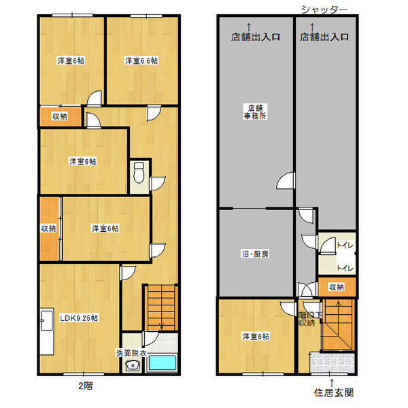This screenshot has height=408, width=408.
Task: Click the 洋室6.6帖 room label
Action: pyautogui.click(x=141, y=61)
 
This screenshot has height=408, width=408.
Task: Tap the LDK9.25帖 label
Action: pyautogui.click(x=79, y=318)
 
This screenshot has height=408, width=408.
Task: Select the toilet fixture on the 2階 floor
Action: pyautogui.click(x=139, y=173)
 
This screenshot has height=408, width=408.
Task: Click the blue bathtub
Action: pyautogui.click(x=162, y=362)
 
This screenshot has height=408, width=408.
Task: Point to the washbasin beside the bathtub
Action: pyautogui.click(x=133, y=366)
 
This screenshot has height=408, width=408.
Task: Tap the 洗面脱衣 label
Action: pyautogui.click(x=131, y=353)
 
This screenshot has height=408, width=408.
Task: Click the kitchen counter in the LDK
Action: pyautogui.click(x=47, y=332)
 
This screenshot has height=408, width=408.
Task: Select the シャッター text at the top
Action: pyautogui.click(x=324, y=10)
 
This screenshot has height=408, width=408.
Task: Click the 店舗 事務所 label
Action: pyautogui.click(x=255, y=112)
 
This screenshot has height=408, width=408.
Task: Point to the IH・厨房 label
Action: pyautogui.click(x=255, y=254)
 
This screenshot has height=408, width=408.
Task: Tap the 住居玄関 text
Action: pyautogui.click(x=334, y=392)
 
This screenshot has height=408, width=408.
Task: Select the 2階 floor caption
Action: pyautogui.click(x=86, y=386)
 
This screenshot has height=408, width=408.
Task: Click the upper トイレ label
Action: pyautogui.click(x=345, y=245)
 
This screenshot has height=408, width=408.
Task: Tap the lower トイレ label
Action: pyautogui.click(x=345, y=268)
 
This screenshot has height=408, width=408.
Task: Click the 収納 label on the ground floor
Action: pyautogui.click(x=337, y=287)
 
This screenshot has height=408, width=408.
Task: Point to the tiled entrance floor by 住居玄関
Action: pyautogui.click(x=332, y=362)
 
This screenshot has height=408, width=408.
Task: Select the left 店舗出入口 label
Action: pyautogui.click(x=255, y=37)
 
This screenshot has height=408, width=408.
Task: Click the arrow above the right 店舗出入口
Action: pyautogui.click(x=312, y=27)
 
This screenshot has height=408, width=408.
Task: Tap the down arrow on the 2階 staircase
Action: pyautogui.click(x=161, y=325)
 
